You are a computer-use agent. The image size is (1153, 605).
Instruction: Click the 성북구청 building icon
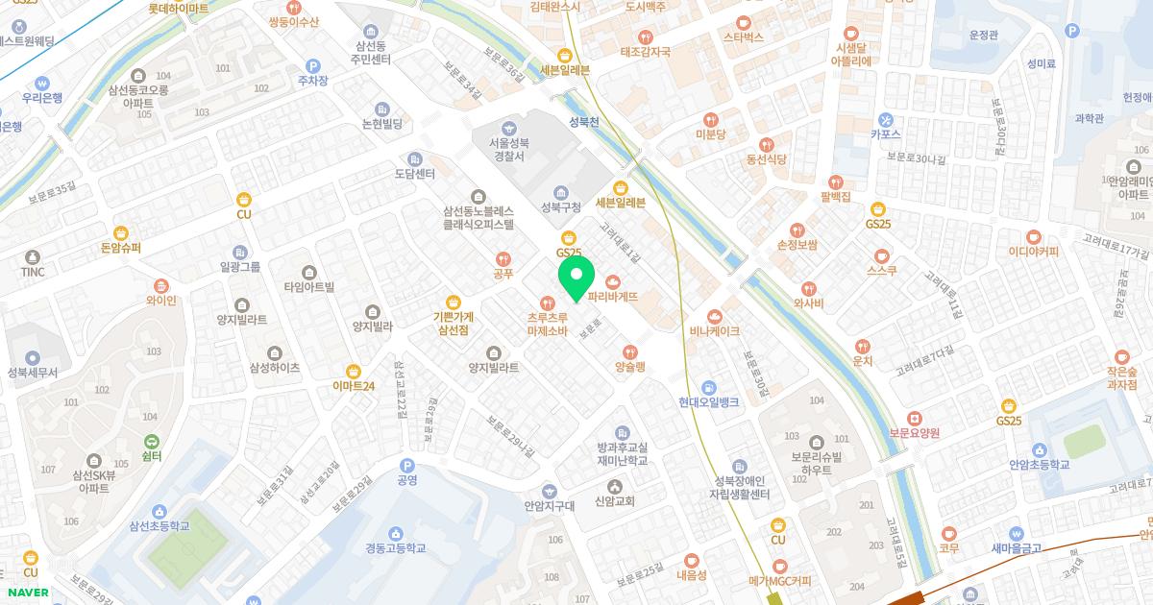pos(561,191)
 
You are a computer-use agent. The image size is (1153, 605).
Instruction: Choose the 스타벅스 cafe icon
pos(743,22)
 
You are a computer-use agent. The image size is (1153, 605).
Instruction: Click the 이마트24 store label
pos(353,386)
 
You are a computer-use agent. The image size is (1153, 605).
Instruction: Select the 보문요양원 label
pos(914,433)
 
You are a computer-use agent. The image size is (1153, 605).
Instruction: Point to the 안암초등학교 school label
pos(1038,464)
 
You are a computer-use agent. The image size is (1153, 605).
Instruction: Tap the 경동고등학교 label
pos(395,548)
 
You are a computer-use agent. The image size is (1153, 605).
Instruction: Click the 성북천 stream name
pos(583,122)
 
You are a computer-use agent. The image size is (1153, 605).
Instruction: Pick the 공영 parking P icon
pos(406,465)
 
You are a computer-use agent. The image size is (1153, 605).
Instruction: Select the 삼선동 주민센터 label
pos(371,52)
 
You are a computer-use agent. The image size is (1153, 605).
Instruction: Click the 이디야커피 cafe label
pos(1033,252)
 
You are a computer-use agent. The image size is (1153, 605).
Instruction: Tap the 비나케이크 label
pos(714,330)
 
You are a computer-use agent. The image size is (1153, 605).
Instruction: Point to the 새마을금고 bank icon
pos(1017,534)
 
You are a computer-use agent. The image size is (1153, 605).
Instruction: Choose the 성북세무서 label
pos(33,372)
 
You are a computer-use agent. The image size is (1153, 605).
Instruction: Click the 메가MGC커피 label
pos(779,580)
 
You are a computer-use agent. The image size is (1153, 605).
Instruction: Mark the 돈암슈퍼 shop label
pos(121,247)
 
